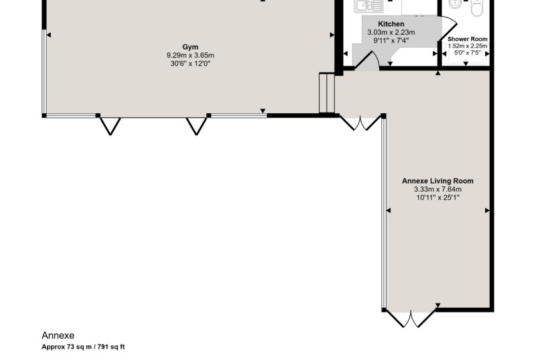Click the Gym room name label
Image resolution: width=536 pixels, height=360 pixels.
pyautogui.click(x=190, y=47)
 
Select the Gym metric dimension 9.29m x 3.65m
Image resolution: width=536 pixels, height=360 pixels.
pyautogui.click(x=190, y=55)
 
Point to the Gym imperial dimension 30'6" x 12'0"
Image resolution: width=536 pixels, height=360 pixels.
pyautogui.click(x=190, y=63)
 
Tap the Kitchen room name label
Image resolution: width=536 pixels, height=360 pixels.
pyautogui.click(x=391, y=24)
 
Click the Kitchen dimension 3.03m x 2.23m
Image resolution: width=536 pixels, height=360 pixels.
pyautogui.click(x=391, y=32)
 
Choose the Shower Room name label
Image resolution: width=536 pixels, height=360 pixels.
pyautogui.click(x=467, y=39)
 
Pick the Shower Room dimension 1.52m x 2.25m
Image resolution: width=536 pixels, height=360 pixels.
pyautogui.click(x=468, y=46)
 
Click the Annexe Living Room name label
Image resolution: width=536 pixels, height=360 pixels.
pyautogui.click(x=438, y=181)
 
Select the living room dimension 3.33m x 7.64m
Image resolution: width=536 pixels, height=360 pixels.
pyautogui.click(x=438, y=189)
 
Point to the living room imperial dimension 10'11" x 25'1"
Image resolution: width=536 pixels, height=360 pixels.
pyautogui.click(x=438, y=197)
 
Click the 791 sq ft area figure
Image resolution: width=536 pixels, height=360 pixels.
pyautogui.click(x=111, y=347)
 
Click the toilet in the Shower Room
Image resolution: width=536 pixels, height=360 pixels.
pyautogui.click(x=476, y=7)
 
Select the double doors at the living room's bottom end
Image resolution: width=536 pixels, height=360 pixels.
pyautogui.click(x=411, y=318)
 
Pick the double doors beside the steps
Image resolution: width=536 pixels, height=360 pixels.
pyautogui.click(x=360, y=123)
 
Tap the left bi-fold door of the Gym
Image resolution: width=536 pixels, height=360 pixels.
pyautogui.click(x=110, y=126)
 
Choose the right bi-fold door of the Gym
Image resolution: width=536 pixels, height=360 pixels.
pyautogui.click(x=196, y=126)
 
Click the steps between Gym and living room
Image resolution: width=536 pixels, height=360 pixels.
pyautogui.click(x=327, y=93)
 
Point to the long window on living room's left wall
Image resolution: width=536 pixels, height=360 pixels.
pyautogui.click(x=384, y=213)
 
